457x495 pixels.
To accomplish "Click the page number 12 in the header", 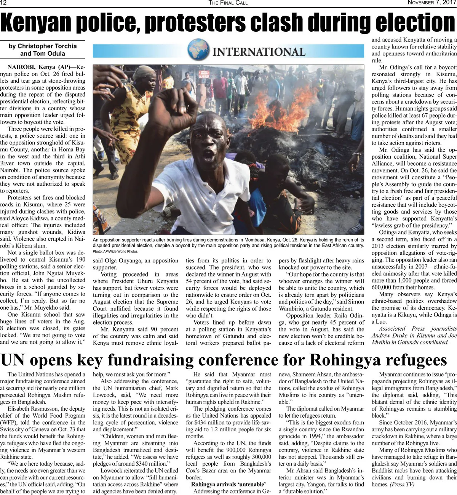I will pyautogui.click(x=4, y=3).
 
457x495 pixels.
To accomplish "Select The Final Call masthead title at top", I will pyautogui.click(x=228, y=3).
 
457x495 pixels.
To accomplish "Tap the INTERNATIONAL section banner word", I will pyautogui.click(x=259, y=51).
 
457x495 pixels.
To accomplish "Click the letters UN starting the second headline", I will pyautogui.click(x=14, y=360).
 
